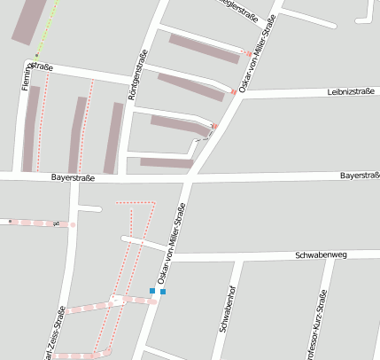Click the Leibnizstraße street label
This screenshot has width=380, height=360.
(352, 90)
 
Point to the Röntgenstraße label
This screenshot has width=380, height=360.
(137, 79)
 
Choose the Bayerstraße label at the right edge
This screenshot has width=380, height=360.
(360, 176)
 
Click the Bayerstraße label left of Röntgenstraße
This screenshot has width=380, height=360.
(73, 177)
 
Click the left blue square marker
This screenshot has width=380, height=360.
(152, 291)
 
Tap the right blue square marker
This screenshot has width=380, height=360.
(163, 291)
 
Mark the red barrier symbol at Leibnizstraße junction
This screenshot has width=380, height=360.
(233, 91)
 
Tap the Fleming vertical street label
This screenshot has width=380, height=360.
(26, 80)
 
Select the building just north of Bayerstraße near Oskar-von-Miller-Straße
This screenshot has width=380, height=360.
(167, 162)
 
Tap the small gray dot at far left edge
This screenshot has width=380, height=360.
(10, 220)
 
